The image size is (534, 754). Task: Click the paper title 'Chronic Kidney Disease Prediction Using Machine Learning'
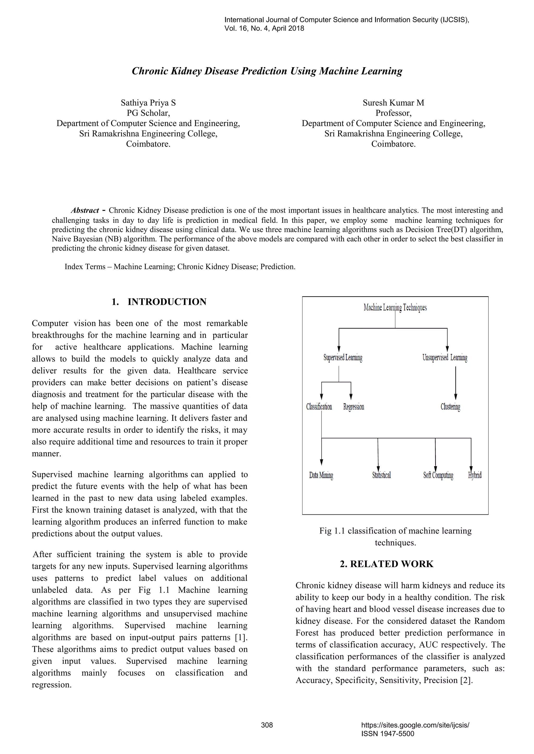pos(267,71)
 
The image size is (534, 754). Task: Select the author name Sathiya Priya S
pos(148,103)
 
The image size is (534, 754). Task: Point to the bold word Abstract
pos(85,211)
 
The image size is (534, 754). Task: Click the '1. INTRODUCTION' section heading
pos(159,302)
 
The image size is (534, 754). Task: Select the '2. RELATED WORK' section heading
pos(387,564)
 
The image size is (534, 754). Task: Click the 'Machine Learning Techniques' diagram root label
pos(395,307)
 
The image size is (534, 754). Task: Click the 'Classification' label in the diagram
pos(319,407)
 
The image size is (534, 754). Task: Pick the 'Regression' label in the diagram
pos(354,407)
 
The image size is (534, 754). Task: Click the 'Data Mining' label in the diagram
pos(321,475)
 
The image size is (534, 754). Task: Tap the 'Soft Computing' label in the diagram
pos(438,475)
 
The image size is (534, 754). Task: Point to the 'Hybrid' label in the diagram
pos(475,475)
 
